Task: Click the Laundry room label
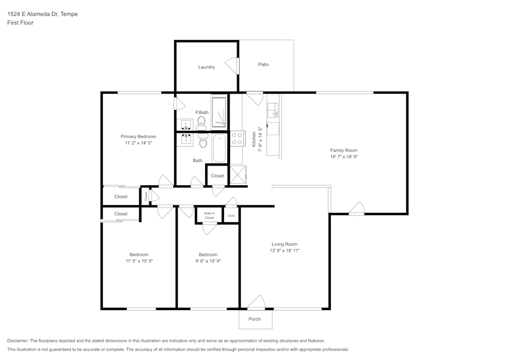point(206,67)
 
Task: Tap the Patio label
point(263,65)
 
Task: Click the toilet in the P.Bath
point(201,122)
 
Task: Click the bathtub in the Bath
point(219,148)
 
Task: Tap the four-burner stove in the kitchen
point(237,139)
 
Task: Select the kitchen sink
point(273,109)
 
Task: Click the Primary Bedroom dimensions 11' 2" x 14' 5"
point(138,144)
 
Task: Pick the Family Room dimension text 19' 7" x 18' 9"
point(344,157)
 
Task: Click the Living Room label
point(284,244)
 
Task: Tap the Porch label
point(254,319)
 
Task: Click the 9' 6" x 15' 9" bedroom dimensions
point(208,261)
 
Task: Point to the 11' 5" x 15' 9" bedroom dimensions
point(139,261)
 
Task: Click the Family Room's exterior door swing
point(357,208)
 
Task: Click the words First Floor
point(20,23)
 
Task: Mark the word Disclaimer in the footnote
point(18,341)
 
